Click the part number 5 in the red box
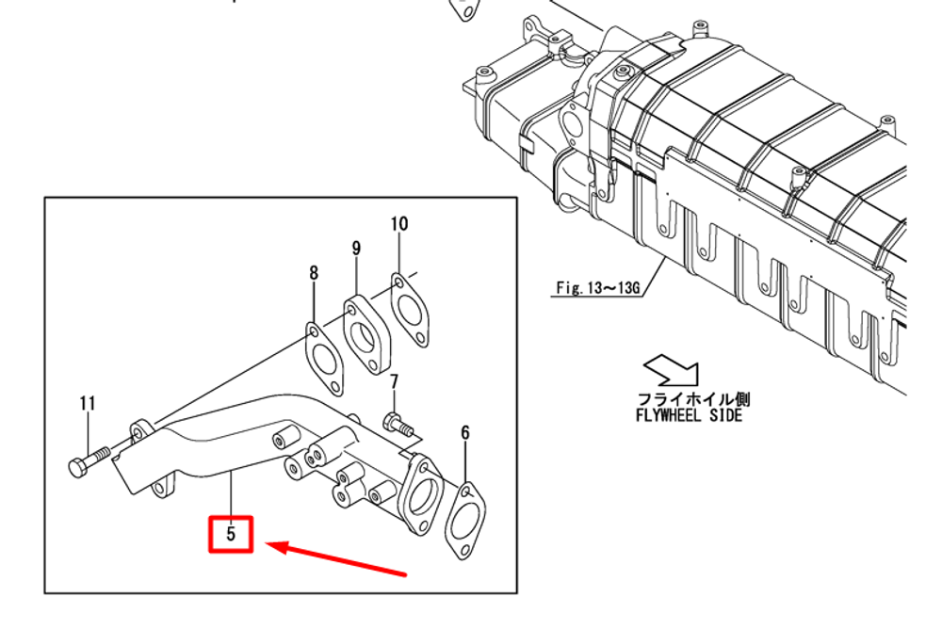point(231,535)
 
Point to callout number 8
point(314,273)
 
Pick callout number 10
point(399,223)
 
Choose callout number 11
point(88,403)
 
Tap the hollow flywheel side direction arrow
point(671,368)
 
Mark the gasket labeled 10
point(407,308)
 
